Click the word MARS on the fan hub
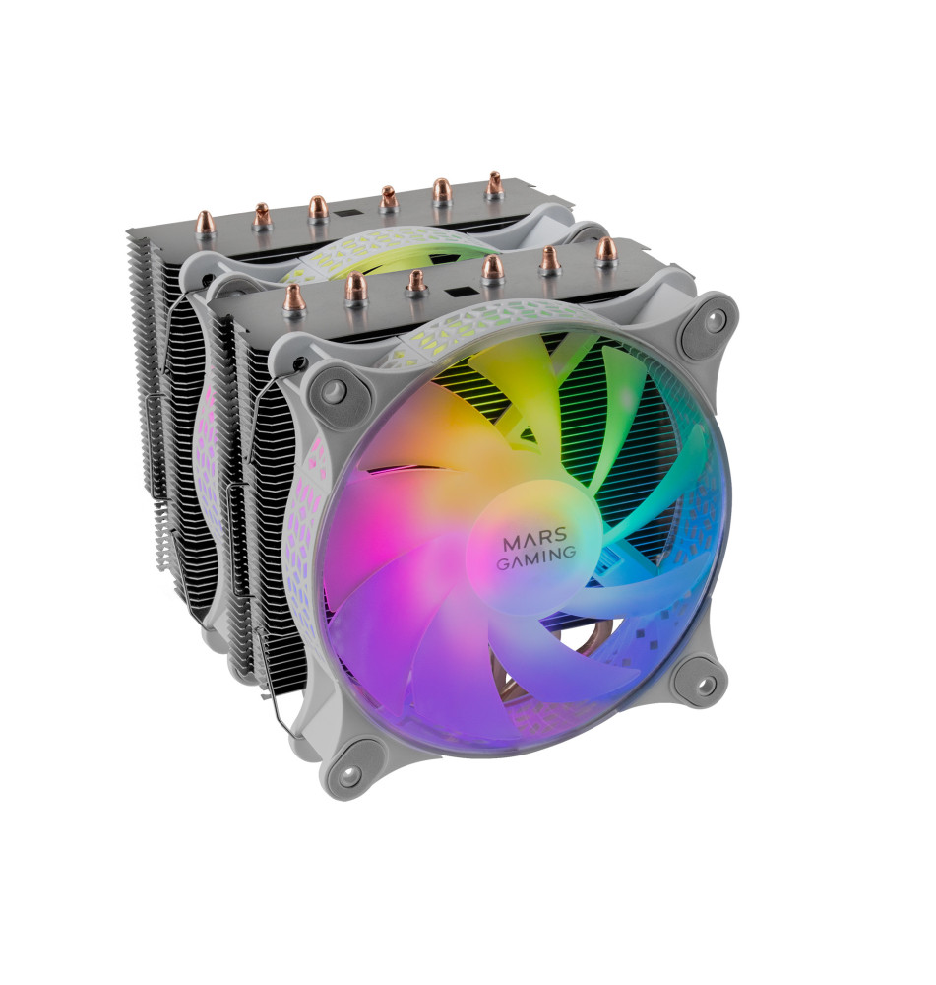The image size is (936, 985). [x=535, y=539]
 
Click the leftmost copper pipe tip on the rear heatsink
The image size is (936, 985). [x=206, y=222]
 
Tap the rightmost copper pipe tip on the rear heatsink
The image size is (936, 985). [x=494, y=185]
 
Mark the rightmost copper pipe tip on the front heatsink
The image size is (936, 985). [x=606, y=250]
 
